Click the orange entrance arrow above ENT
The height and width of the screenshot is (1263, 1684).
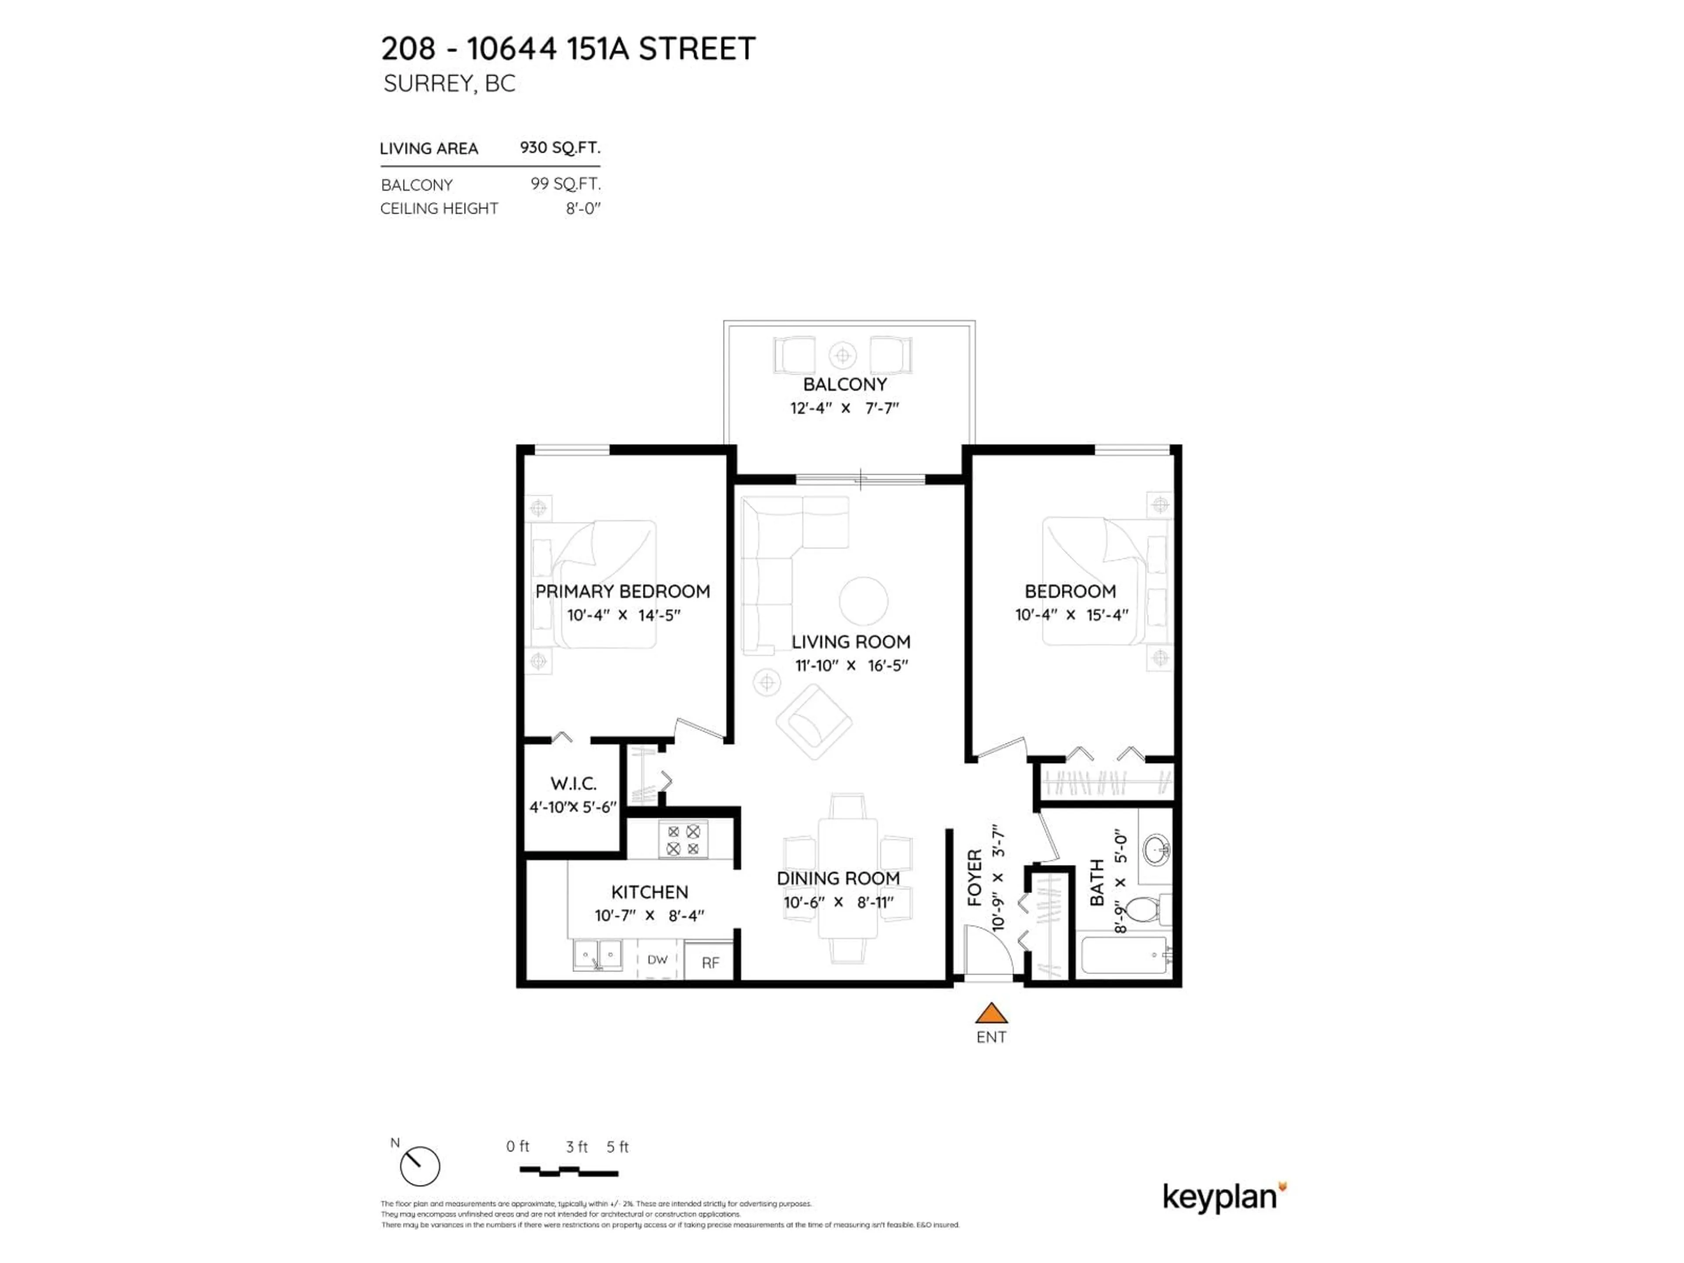pyautogui.click(x=991, y=1013)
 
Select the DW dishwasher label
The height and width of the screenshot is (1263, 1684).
pyautogui.click(x=657, y=960)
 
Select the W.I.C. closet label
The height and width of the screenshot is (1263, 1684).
pyautogui.click(x=573, y=783)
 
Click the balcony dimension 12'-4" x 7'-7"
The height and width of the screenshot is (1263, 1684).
pyautogui.click(x=844, y=408)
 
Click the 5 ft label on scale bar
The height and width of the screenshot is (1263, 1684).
pyautogui.click(x=617, y=1146)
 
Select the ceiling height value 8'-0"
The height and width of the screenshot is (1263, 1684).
pyautogui.click(x=583, y=209)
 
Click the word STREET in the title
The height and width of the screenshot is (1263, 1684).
pyautogui.click(x=696, y=49)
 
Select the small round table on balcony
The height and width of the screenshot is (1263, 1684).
pyautogui.click(x=843, y=355)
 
